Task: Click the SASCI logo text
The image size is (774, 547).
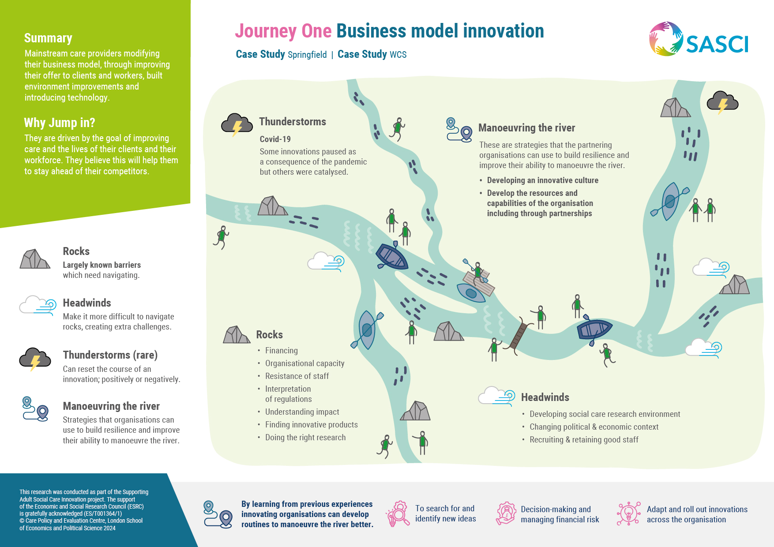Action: [717, 44]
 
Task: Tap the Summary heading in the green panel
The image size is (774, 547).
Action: [48, 38]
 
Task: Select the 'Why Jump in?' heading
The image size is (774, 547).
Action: [60, 123]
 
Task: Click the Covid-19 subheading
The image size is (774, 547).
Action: [275, 139]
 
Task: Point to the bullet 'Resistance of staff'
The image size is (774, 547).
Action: [297, 376]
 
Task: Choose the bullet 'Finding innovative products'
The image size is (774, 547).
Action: [311, 425]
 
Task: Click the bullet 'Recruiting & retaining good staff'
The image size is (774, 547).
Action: [583, 440]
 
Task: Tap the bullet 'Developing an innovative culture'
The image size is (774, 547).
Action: [542, 180]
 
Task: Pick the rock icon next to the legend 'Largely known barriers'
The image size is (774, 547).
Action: [34, 259]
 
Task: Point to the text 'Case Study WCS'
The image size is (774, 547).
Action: [372, 55]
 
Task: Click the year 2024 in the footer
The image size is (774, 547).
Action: [109, 528]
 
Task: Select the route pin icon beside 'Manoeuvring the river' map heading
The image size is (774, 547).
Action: [459, 130]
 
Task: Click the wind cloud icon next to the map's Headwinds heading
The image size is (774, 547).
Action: [496, 396]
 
